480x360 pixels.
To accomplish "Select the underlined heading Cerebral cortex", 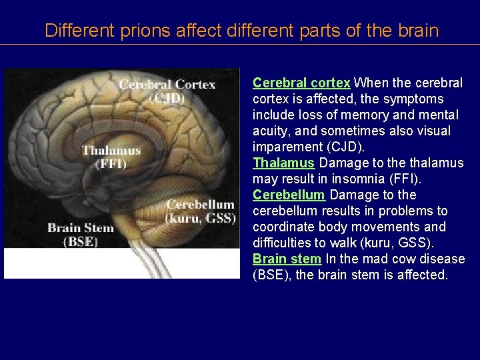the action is tap(301, 83).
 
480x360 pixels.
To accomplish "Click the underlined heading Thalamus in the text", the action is tap(283, 163).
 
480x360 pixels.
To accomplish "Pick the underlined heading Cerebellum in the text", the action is tap(289, 195).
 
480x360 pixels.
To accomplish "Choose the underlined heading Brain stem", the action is tap(287, 259).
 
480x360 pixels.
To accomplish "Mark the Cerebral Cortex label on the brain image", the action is tap(167, 85).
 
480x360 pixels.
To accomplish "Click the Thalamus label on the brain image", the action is tap(111, 151).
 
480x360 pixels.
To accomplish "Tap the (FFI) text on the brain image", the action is tap(111, 164).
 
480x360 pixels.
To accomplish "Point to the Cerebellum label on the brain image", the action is tap(200, 205).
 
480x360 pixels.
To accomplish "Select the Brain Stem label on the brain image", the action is tap(81, 228).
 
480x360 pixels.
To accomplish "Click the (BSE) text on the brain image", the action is tap(81, 241).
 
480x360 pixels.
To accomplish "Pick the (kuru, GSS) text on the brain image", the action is tap(200, 218).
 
